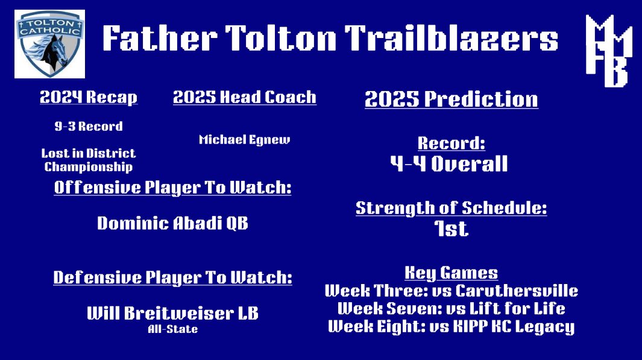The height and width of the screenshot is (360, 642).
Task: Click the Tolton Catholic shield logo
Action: pyautogui.click(x=49, y=44)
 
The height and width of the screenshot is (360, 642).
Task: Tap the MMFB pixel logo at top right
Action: pyautogui.click(x=608, y=51)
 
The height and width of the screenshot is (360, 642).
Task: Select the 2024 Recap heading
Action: pyautogui.click(x=89, y=98)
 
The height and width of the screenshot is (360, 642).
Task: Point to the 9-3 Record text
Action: pyautogui.click(x=88, y=127)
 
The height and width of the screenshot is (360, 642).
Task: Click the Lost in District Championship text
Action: pyautogui.click(x=89, y=160)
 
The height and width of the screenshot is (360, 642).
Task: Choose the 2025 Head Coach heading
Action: pyautogui.click(x=244, y=98)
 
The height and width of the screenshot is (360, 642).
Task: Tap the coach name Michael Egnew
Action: pyautogui.click(x=244, y=140)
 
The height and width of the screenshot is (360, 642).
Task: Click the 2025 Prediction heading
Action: pyautogui.click(x=451, y=99)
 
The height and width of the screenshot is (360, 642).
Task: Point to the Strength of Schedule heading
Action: pyautogui.click(x=451, y=209)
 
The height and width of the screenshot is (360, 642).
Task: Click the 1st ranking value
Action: pyautogui.click(x=451, y=229)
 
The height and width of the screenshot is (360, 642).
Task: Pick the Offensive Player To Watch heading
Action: pyautogui.click(x=172, y=188)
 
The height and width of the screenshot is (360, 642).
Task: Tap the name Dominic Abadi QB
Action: pyautogui.click(x=172, y=224)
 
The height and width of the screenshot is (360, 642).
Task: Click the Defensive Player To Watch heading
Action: pyautogui.click(x=172, y=277)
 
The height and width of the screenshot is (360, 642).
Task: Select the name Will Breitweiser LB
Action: pyautogui.click(x=172, y=314)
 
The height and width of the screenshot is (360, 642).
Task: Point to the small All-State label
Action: pyautogui.click(x=172, y=329)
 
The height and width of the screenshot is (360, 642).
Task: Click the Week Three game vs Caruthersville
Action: pyautogui.click(x=451, y=291)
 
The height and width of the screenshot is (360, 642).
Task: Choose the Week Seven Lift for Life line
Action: pyautogui.click(x=451, y=309)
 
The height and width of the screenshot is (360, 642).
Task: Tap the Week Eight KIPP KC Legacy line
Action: pyautogui.click(x=451, y=327)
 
